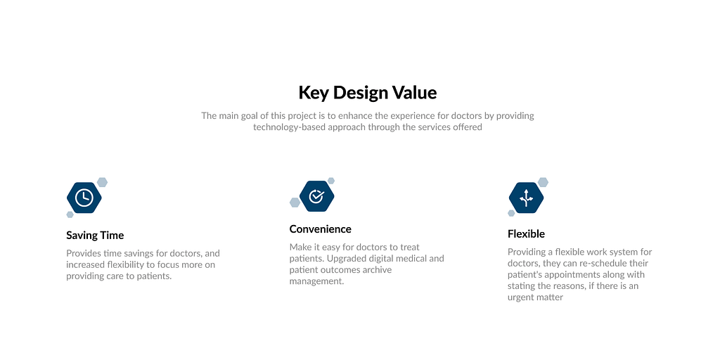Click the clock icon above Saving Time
click(x=84, y=198)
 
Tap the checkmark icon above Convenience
click(x=317, y=196)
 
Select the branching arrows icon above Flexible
click(x=526, y=198)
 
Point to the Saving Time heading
click(x=95, y=236)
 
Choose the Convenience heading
click(x=320, y=229)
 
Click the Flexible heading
click(x=526, y=234)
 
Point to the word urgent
click(x=522, y=297)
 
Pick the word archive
click(x=377, y=269)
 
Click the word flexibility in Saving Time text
click(x=127, y=265)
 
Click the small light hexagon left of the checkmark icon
click(x=295, y=202)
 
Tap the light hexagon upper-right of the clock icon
click(x=103, y=182)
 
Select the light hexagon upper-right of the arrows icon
click(x=544, y=182)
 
